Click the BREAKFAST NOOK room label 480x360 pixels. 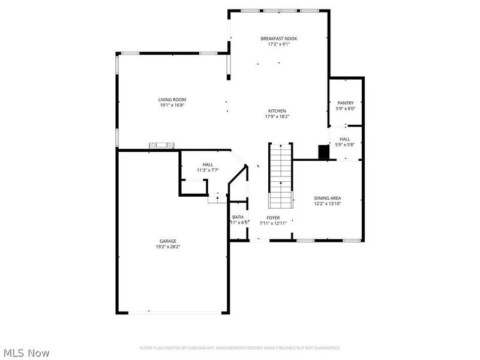(278, 38)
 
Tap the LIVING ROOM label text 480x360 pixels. (172, 100)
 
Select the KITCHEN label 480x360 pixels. (277, 111)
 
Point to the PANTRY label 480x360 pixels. (346, 103)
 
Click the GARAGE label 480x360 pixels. (167, 241)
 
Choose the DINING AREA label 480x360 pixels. (328, 198)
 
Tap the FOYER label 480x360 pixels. (274, 217)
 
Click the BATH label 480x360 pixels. (238, 217)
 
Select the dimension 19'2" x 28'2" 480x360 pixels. (167, 246)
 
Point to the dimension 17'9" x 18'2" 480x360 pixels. (277, 116)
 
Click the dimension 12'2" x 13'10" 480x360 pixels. (328, 203)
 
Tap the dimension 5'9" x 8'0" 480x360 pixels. (346, 109)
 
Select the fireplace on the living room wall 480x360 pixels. (163, 146)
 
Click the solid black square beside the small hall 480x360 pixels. (323, 152)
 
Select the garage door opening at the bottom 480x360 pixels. (172, 312)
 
